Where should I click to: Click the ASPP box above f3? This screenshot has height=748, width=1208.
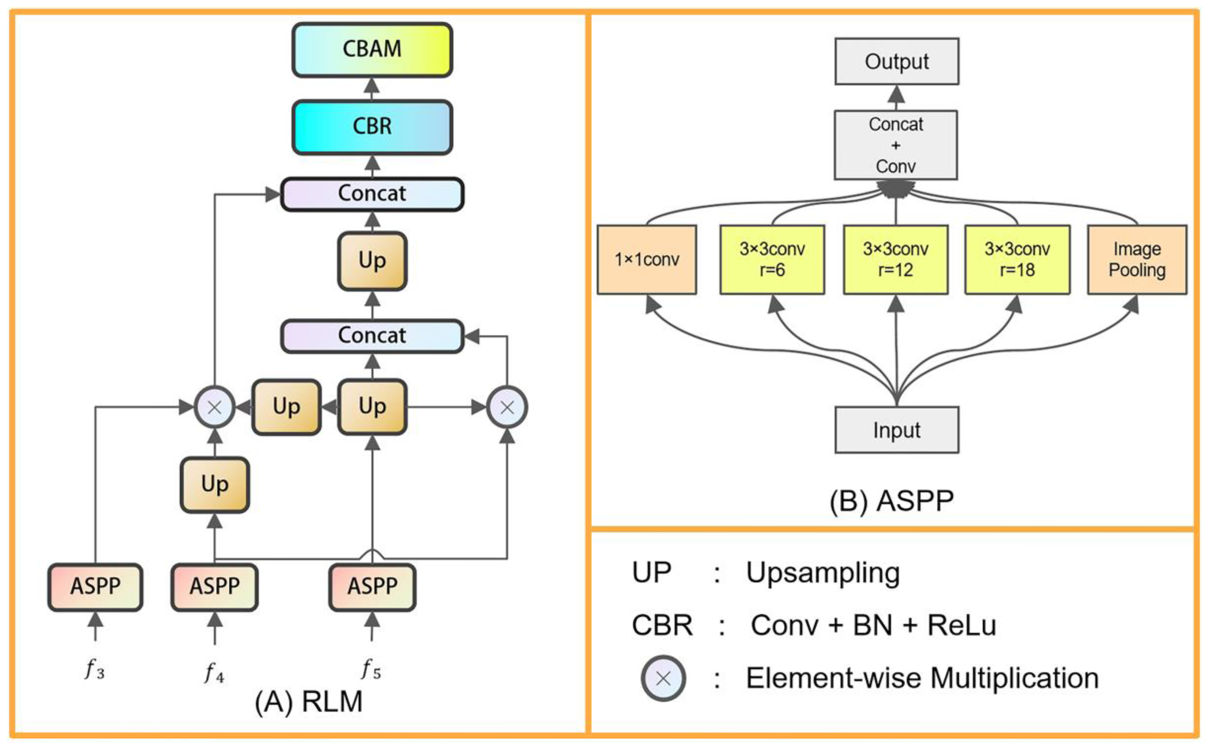95,587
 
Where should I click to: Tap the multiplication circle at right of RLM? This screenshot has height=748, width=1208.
507,407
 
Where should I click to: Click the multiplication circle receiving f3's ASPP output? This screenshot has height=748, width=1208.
214,407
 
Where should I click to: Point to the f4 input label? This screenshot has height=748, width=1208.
214,673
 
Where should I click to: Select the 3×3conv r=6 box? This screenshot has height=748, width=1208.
772,260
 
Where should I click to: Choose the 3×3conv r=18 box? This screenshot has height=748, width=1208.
1017,260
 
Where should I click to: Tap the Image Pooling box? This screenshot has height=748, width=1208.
1137,260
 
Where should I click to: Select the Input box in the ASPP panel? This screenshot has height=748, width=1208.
896,430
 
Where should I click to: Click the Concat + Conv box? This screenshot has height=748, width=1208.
895,145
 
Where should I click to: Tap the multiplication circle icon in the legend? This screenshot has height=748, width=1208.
663,678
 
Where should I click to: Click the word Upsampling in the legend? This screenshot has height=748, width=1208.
822,573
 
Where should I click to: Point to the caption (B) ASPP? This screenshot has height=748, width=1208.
891,501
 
